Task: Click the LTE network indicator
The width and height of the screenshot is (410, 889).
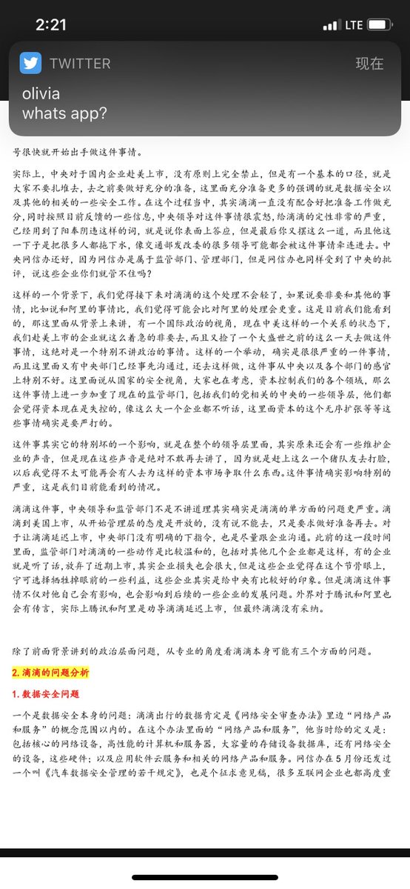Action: [x=354, y=24]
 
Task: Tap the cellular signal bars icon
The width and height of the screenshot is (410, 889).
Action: [x=330, y=24]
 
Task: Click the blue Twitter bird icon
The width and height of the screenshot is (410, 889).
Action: [x=31, y=63]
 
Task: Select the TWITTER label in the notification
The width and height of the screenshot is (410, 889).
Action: [x=80, y=64]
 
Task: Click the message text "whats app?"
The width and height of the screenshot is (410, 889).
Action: [x=64, y=113]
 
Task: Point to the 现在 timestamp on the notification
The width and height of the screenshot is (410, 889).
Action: [x=369, y=64]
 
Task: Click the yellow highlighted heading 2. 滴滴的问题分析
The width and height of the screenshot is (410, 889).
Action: [x=51, y=673]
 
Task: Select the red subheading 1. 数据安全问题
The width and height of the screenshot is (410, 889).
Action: [x=46, y=695]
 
